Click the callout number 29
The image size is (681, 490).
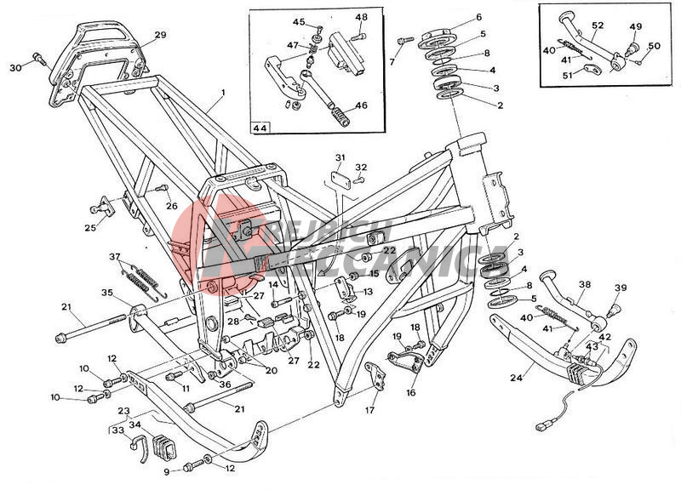click(160, 35)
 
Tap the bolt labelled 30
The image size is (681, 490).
click(38, 59)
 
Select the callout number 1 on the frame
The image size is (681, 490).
click(223, 92)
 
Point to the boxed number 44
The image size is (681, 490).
click(259, 128)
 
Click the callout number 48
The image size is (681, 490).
click(361, 17)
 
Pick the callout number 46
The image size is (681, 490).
click(361, 105)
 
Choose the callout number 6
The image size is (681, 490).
click(478, 17)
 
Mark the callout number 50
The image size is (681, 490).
click(654, 46)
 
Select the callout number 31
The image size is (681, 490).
click(340, 157)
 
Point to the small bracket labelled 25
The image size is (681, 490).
click(102, 208)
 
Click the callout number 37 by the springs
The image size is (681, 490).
click(116, 257)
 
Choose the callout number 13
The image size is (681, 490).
click(368, 292)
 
